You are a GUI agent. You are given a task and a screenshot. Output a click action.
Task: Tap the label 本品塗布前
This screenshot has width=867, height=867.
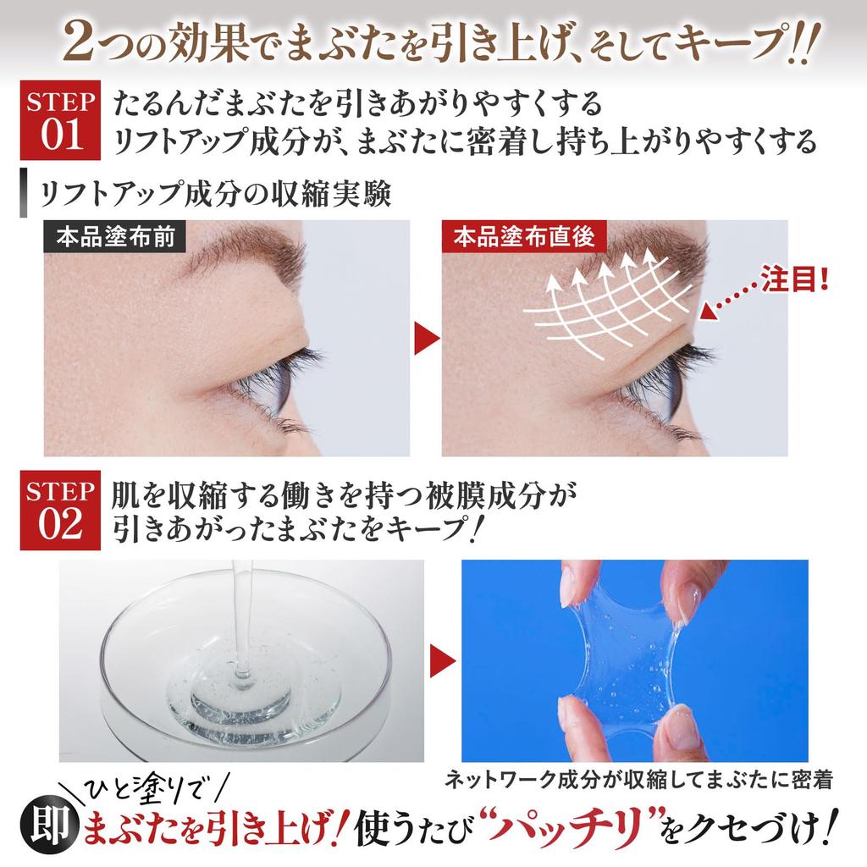[115, 238]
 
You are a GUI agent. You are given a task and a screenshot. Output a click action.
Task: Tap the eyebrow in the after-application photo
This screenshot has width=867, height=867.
[652, 250]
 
